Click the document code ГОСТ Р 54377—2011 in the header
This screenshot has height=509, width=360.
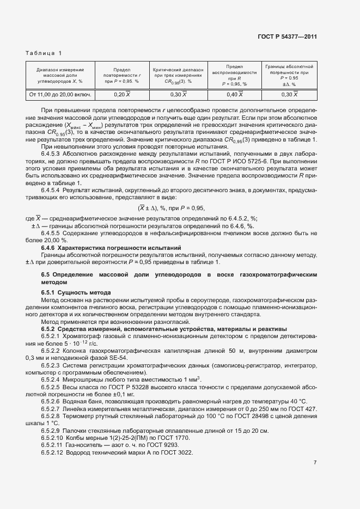[287, 36]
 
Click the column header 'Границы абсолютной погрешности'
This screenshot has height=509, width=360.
[289, 75]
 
